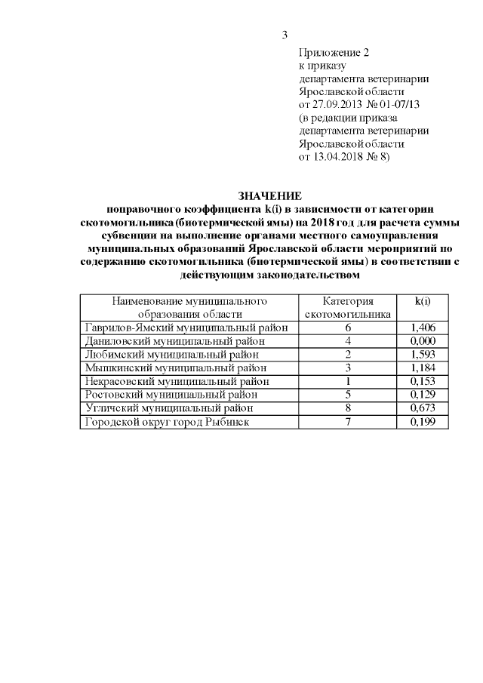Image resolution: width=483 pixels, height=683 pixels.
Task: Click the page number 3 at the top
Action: tap(285, 34)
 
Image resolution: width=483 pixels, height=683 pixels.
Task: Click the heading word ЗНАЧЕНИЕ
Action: tap(269, 195)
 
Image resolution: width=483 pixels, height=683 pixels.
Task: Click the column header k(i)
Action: tap(423, 301)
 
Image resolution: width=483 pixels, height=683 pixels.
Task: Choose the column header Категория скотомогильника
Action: tap(348, 307)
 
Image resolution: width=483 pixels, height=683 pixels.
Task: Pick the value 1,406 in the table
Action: tap(423, 328)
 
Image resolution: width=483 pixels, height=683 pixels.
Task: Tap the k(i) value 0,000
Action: tap(423, 341)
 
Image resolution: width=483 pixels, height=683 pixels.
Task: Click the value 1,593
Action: tap(423, 355)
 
